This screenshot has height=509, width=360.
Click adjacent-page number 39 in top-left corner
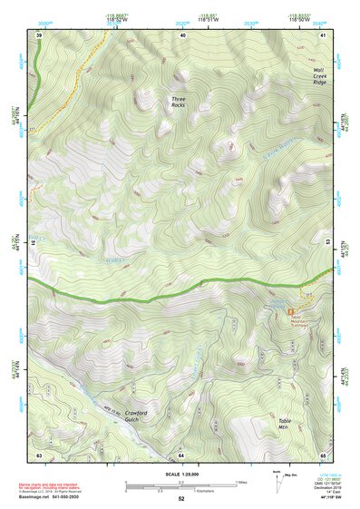[x=39, y=34]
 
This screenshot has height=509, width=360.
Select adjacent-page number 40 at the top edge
[x=183, y=34]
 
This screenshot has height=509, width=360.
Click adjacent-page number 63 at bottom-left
[x=39, y=454]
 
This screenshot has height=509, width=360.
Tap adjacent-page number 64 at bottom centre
[x=181, y=454]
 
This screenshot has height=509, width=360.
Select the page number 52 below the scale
[x=181, y=500]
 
